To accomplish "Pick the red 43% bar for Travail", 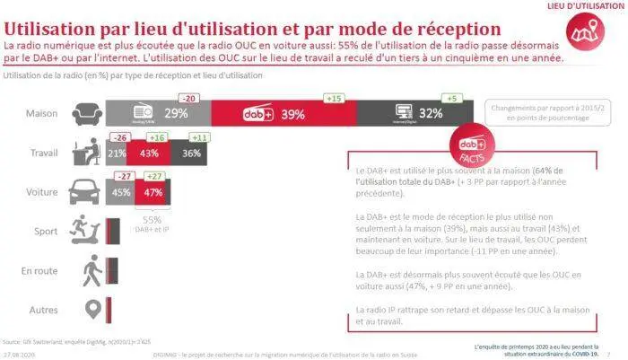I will pyautogui.click(x=147, y=154).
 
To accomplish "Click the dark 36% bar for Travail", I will pyautogui.click(x=190, y=154).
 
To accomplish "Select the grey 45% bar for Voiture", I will pyautogui.click(x=120, y=192).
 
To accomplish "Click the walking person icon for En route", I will pyautogui.click(x=89, y=269).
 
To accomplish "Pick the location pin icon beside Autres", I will pyautogui.click(x=89, y=308).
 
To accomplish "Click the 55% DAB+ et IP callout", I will pyautogui.click(x=152, y=222).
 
